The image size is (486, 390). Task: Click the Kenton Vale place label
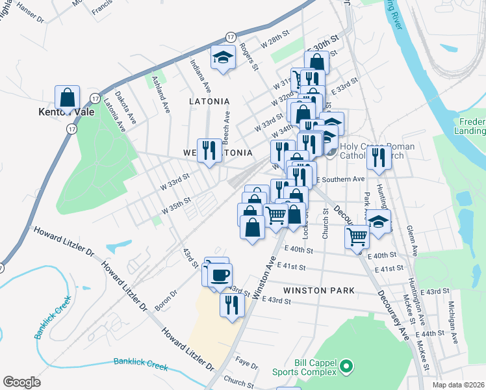tap(66, 112)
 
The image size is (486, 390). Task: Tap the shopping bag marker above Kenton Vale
tap(67, 99)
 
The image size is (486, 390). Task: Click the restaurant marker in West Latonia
tap(209, 151)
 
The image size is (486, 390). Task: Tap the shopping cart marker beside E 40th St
tap(357, 237)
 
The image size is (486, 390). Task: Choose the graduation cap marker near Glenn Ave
tap(379, 221)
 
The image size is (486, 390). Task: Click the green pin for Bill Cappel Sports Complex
tap(346, 368)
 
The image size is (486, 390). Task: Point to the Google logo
tap(22, 382)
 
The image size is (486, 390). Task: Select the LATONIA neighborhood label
tap(209, 101)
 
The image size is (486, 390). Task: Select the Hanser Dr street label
tap(31, 12)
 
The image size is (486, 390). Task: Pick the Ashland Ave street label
tap(160, 95)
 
